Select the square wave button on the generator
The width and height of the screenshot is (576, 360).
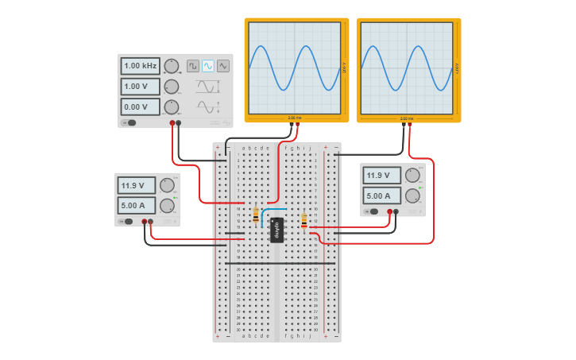coord(193,66)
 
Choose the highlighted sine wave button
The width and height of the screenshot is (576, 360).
coord(208,66)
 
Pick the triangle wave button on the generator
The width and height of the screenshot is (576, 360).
coord(223,66)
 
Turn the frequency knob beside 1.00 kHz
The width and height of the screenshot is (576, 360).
coord(172,66)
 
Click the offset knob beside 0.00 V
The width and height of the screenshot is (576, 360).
coord(172,106)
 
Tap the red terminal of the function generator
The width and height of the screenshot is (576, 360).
coord(172,123)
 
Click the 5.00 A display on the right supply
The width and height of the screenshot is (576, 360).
coord(382,195)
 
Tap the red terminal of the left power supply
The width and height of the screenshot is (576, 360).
coord(145,222)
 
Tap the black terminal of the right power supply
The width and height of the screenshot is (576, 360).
coord(397,211)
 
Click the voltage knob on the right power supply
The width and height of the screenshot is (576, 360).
coord(412,176)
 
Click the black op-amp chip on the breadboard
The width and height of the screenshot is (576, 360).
coord(276,230)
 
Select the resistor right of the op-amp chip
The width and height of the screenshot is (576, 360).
coord(304,221)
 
